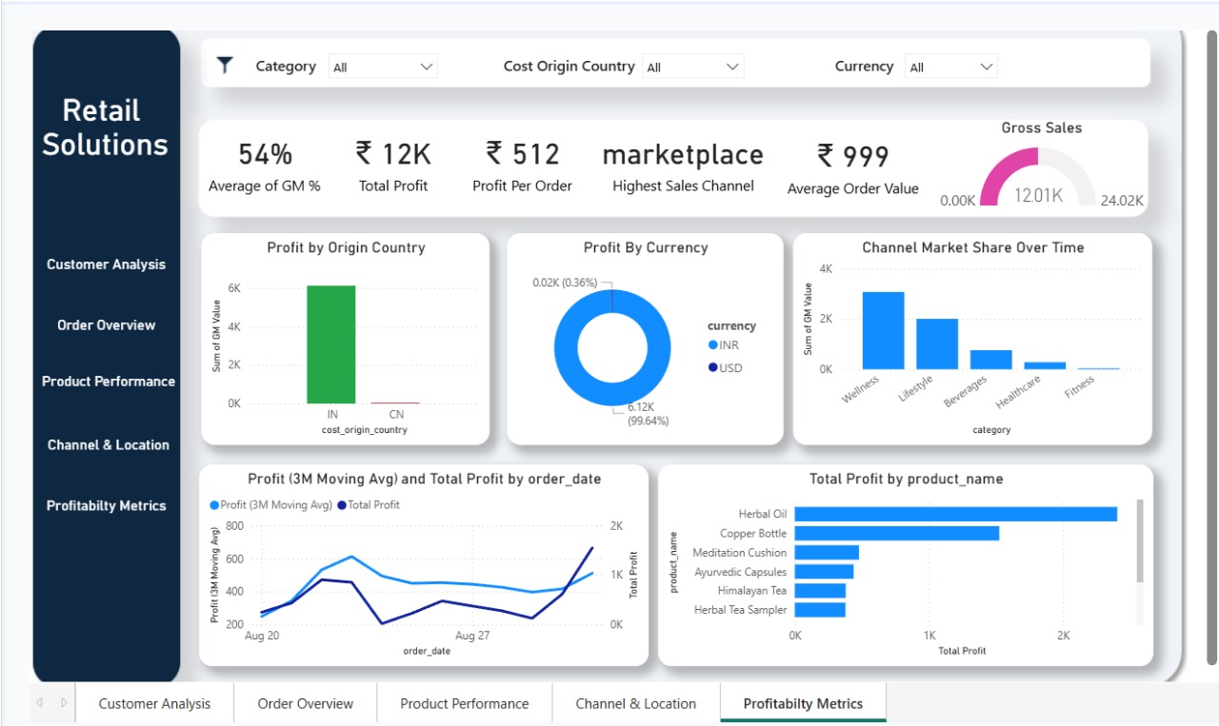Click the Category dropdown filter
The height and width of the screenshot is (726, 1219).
[382, 67]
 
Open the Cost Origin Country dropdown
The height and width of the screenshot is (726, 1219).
[692, 67]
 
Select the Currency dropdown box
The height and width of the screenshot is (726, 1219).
[950, 67]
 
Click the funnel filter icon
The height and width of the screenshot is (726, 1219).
[225, 66]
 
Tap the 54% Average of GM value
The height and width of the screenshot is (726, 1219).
[265, 154]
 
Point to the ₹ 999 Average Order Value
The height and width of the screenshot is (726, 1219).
[852, 156]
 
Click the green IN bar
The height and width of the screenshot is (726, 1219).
[330, 344]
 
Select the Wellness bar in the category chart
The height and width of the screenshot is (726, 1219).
[883, 330]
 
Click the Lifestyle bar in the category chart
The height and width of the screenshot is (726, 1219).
[936, 343]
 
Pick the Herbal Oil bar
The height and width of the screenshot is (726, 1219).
[955, 514]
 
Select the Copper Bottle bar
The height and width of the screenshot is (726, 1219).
[896, 533]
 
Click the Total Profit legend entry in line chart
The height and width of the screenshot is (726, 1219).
[372, 505]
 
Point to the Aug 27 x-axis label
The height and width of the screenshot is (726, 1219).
[471, 636]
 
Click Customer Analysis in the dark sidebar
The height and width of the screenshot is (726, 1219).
[106, 265]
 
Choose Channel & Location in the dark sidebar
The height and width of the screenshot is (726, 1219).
[108, 445]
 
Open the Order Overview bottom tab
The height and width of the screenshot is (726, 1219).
[305, 704]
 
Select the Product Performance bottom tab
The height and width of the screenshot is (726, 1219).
[464, 704]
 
